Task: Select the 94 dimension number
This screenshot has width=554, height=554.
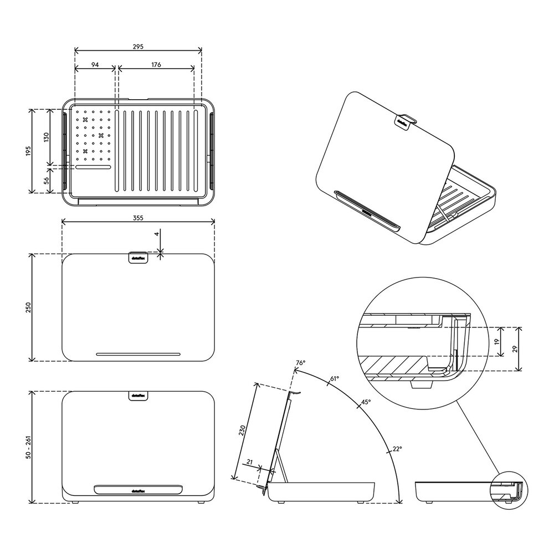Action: click(x=95, y=65)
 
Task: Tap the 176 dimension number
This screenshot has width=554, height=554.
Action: click(x=156, y=65)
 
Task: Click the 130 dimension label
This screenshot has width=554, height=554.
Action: click(x=47, y=136)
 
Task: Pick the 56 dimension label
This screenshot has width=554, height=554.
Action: click(x=47, y=179)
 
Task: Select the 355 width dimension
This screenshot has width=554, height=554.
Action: click(x=138, y=218)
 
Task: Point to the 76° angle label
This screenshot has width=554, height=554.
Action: click(x=300, y=363)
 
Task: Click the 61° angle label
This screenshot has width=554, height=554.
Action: click(x=335, y=379)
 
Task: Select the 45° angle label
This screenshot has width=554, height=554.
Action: click(x=366, y=402)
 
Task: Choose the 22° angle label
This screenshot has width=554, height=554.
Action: click(x=397, y=449)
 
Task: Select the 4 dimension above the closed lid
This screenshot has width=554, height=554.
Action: click(x=157, y=234)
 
